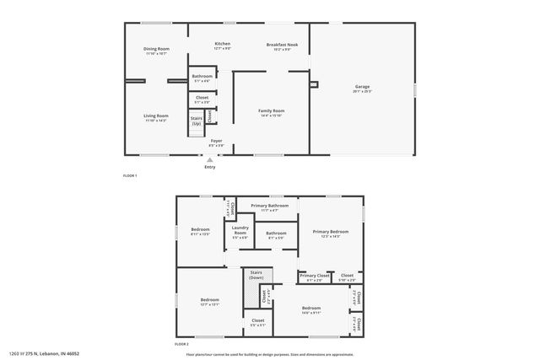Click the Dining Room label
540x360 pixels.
click(157, 49)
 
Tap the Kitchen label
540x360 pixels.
click(223, 44)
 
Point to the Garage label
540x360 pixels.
click(363, 86)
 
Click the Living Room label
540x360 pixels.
click(155, 116)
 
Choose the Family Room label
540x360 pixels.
click(271, 110)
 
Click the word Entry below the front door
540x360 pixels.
click(209, 166)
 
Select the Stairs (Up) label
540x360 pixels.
click(196, 121)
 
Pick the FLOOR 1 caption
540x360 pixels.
click(130, 175)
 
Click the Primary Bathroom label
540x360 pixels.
click(269, 206)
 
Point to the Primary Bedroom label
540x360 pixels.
click(330, 231)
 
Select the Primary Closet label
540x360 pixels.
click(313, 276)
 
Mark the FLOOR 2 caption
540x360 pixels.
click(181, 344)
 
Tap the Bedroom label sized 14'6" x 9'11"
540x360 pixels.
click(310, 309)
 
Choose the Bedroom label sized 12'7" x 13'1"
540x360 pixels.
click(209, 300)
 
